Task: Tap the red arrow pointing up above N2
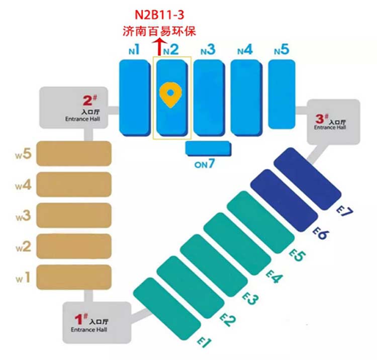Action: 160,48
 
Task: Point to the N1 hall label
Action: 134,50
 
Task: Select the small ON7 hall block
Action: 209,148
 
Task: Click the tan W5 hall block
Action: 74,153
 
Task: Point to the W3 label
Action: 24,216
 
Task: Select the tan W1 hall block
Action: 74,277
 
